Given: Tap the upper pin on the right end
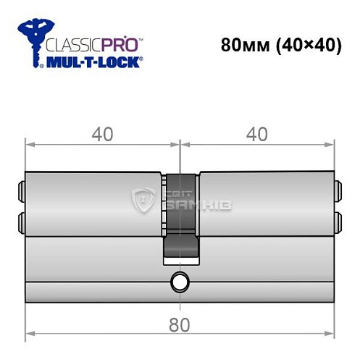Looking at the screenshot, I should coord(338,193).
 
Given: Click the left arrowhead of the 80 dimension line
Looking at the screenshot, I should coord(29,334).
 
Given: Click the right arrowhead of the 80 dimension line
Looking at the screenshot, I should coord(332,334).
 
